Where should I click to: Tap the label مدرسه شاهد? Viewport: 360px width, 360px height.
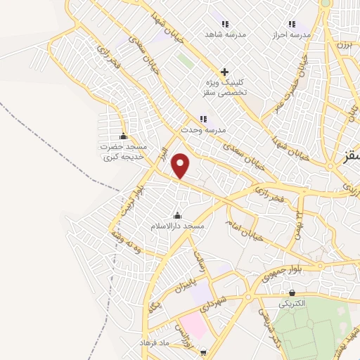(x=224, y=34)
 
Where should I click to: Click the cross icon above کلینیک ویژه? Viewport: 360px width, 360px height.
(x=224, y=72)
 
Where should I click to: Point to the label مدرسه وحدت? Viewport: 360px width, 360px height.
(x=201, y=130)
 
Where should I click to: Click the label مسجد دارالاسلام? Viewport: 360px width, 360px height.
(x=177, y=226)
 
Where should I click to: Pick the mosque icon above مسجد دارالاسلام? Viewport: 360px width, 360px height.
(x=177, y=216)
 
